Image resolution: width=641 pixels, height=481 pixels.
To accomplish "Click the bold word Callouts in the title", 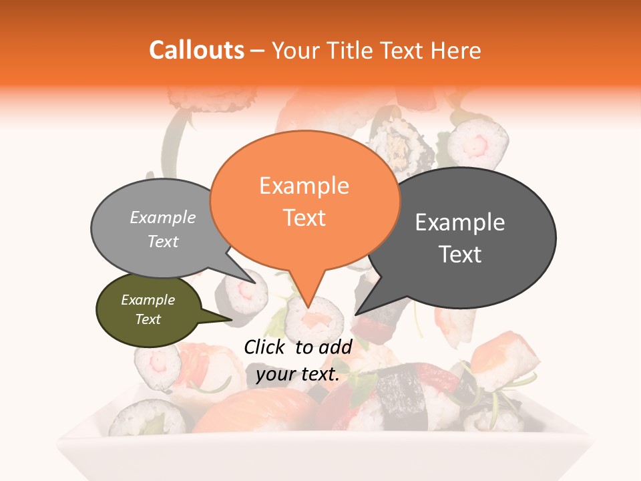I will pos(196,50).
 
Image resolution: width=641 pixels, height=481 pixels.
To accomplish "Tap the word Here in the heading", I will pos(457,50).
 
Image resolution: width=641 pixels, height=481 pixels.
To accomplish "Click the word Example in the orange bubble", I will pos(304,186).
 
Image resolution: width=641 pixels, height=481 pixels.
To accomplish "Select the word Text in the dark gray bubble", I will pos(461,255).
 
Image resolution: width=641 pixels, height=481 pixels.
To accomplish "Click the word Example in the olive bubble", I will pos(148,300).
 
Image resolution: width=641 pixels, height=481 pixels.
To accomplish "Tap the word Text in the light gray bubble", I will pos(163,241).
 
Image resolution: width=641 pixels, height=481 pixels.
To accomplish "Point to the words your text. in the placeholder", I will pos(298,375).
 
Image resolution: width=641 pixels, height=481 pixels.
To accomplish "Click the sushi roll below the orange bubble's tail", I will pos(314,318).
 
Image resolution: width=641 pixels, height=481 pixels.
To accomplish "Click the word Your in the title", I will pos(293,50).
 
